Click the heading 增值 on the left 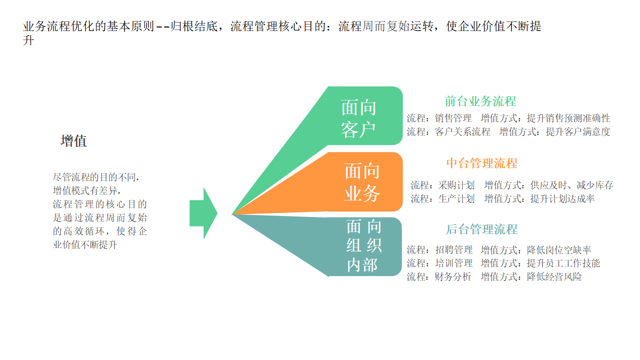click(73, 141)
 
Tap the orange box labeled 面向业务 click(365, 182)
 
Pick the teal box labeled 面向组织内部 click(365, 246)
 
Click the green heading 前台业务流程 click(480, 101)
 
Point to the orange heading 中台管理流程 click(481, 163)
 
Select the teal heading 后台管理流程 click(481, 229)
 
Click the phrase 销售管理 click(453, 118)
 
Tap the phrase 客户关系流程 click(462, 132)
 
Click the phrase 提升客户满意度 click(578, 132)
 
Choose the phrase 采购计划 click(456, 185)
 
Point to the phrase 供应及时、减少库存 click(571, 185)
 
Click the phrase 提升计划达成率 click(562, 198)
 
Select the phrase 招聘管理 click(453, 250)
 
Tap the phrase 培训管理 click(453, 263)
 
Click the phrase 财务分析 click(453, 276)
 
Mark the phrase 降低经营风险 click(554, 276)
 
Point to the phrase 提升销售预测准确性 click(568, 118)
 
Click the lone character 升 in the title click(28, 41)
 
